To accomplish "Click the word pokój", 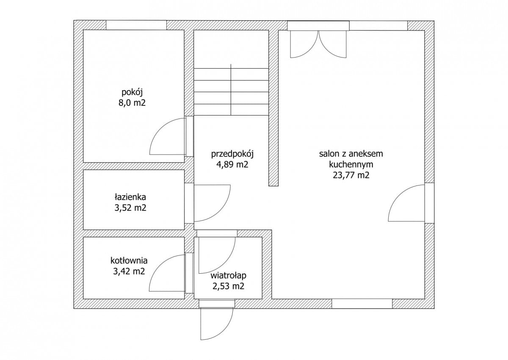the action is (132, 93).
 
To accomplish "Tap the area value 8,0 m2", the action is (132, 103).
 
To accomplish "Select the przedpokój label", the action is (232, 154).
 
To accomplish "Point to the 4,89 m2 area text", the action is (232, 164).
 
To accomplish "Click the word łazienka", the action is (130, 197).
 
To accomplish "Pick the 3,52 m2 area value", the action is (130, 208).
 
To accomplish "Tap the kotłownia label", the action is (129, 260).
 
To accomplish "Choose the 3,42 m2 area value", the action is (129, 271).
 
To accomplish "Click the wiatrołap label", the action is (229, 276).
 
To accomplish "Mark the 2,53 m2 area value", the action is (229, 286).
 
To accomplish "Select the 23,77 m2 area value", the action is (351, 175).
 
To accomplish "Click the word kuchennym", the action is (351, 165).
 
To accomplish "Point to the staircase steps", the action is (231, 91).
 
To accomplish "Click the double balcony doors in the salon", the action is (319, 44).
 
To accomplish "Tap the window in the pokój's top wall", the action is (136, 25).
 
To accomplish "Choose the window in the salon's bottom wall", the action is (362, 304).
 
